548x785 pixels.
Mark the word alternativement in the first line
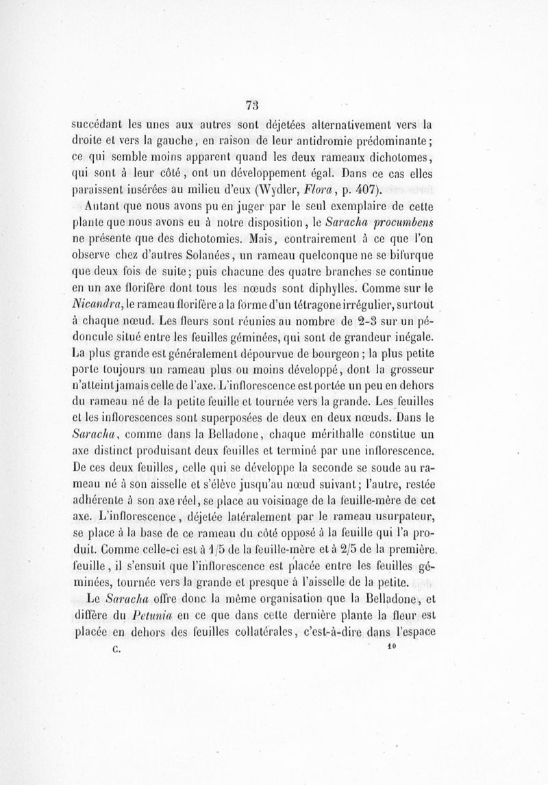[347, 125]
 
